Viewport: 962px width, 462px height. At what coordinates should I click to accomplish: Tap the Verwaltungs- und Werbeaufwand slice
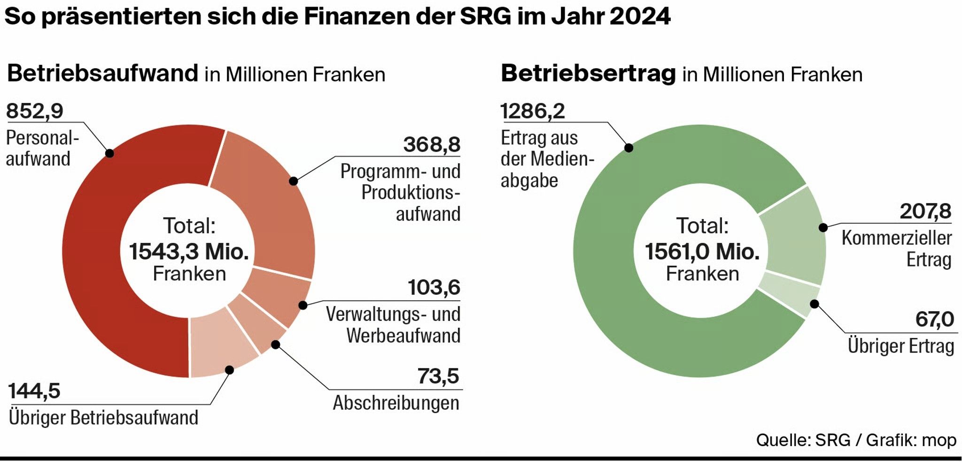(x=277, y=296)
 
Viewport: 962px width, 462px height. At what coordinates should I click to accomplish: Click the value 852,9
(x=35, y=111)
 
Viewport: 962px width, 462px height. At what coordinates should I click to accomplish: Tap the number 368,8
(x=432, y=145)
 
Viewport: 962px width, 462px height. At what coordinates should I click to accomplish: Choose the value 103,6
(x=434, y=288)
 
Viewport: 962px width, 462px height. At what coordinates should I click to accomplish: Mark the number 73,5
(x=438, y=376)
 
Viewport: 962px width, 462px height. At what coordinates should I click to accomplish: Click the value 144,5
(x=34, y=391)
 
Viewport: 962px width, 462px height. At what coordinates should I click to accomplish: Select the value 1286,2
(x=533, y=111)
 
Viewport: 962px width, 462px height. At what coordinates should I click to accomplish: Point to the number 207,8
(x=925, y=211)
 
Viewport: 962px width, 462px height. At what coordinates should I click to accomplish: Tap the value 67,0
(x=934, y=320)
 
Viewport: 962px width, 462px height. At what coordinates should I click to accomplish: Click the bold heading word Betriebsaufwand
(x=103, y=74)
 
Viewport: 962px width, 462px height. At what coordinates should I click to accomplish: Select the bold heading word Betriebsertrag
(x=588, y=74)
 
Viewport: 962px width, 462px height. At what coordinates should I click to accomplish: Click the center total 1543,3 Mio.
(x=189, y=251)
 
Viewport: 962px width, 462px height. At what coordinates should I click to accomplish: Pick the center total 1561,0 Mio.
(x=702, y=251)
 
